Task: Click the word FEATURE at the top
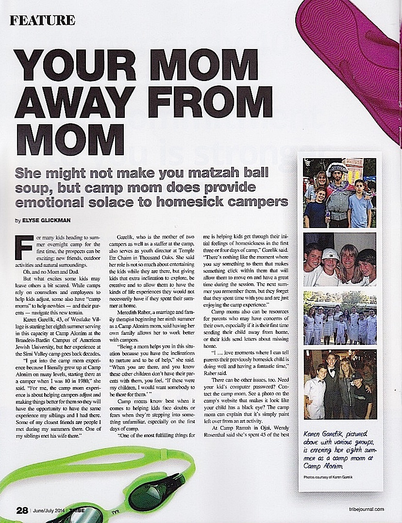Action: (x=42, y=20)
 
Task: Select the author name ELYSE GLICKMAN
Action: (x=48, y=220)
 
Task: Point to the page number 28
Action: (x=22, y=510)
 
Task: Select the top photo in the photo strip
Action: (x=339, y=193)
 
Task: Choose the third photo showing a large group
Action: (x=339, y=317)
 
